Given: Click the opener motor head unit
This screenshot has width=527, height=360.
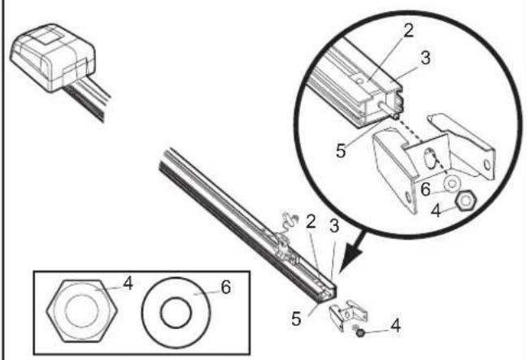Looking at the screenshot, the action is pos(53,58).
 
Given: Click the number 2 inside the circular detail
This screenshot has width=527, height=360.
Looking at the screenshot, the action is pos(408,31).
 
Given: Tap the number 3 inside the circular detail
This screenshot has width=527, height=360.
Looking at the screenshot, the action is pos(425,58).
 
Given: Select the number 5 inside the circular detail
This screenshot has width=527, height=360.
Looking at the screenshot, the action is pos(341,151).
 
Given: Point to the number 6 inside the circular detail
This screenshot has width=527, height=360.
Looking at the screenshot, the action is pos(425,189).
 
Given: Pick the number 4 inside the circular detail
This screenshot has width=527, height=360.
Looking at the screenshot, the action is pos(436,211).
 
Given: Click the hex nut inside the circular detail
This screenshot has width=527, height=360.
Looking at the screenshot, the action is pos(465,201).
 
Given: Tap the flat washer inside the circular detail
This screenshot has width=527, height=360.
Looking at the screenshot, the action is pos(452,184).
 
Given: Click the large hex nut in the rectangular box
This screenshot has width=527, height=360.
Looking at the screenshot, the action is pos(81,311).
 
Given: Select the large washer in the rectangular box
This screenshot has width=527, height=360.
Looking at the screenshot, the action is pos(176,313).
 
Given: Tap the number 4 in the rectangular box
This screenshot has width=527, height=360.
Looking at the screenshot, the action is pos(128,284).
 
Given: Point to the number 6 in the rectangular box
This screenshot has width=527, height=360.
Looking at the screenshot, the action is pos(226,287).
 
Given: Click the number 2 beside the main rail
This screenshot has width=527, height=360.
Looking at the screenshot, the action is pos(311,223).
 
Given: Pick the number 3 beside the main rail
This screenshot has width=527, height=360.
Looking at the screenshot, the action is pos(333,226).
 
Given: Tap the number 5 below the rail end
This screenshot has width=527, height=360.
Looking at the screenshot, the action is pos(296,319).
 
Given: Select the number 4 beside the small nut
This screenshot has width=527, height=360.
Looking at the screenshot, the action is pos(395,325).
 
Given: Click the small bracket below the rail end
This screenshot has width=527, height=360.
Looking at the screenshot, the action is pos(348,314).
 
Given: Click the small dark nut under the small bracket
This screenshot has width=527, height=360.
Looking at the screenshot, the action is pos(360,333).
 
